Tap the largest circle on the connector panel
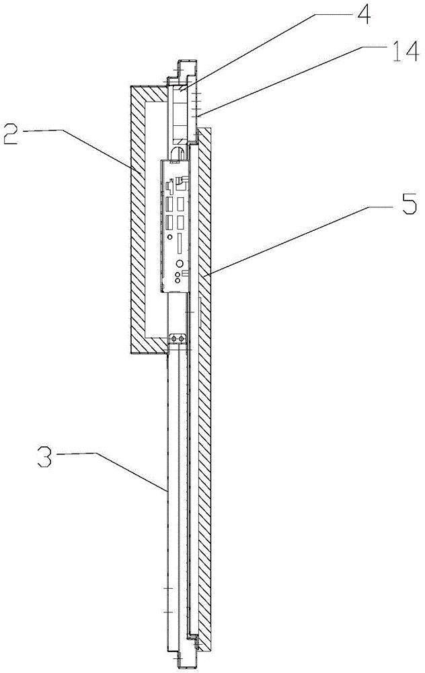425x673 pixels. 180,264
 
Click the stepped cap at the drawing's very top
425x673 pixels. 186,68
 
